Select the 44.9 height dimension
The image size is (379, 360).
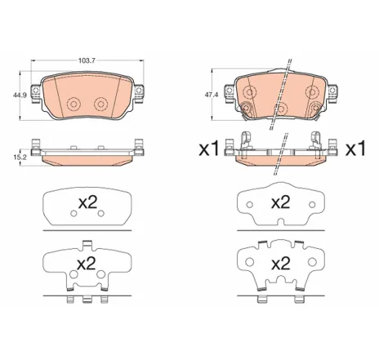(16, 95)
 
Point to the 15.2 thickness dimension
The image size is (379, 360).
(16, 155)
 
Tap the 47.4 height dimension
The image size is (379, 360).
(210, 95)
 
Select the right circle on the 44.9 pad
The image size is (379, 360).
(101, 104)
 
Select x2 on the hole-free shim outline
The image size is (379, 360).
(280, 201)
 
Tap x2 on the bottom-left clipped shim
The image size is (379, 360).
(87, 264)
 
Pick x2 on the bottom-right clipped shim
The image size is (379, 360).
(280, 263)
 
